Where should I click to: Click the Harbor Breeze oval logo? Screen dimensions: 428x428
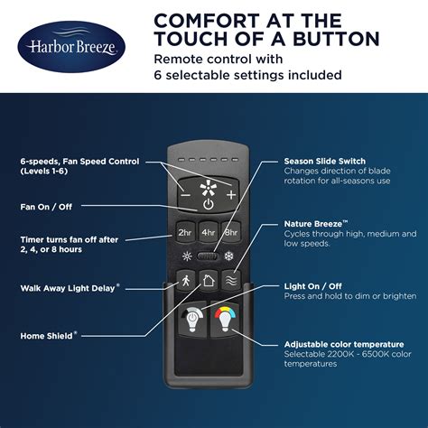[71, 47]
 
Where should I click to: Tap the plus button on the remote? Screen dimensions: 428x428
[231, 195]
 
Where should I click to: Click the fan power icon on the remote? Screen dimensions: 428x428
[209, 204]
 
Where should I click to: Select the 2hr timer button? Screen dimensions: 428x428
[185, 232]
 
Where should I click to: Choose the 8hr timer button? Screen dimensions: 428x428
[231, 232]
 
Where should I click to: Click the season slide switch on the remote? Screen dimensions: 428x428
[208, 256]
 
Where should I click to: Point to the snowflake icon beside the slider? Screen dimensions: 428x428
[229, 256]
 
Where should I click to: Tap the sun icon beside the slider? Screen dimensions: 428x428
[187, 256]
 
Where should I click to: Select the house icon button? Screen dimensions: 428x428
[209, 281]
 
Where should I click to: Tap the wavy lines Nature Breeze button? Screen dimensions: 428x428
[231, 281]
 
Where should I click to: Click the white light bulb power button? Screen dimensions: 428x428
[192, 320]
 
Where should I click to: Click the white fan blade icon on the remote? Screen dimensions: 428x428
[209, 188]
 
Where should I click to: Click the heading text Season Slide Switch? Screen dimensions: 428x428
[324, 161]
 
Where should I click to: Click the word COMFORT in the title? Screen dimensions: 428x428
[207, 21]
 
